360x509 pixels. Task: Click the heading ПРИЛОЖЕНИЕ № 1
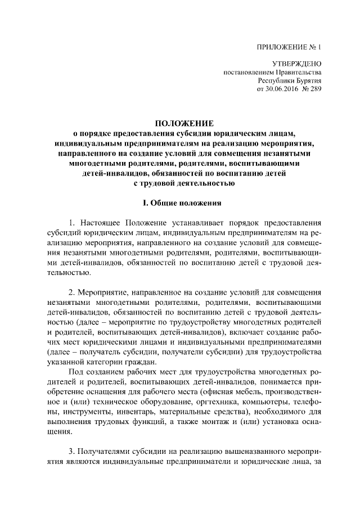click(290, 47)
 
